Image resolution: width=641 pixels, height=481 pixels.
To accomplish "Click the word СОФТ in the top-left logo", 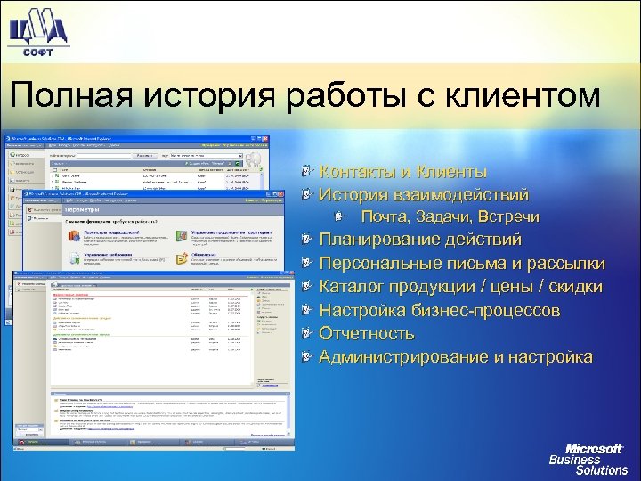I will click(37, 53).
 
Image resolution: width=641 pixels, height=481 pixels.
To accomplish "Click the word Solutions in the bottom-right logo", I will click(601, 470).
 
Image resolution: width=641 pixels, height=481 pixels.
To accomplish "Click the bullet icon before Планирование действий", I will click(307, 240).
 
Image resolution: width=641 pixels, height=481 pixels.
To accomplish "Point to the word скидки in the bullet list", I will click(575, 287).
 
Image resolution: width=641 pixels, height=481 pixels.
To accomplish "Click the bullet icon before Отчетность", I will click(307, 334).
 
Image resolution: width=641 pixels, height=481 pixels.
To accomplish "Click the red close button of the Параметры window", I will click(279, 193).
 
